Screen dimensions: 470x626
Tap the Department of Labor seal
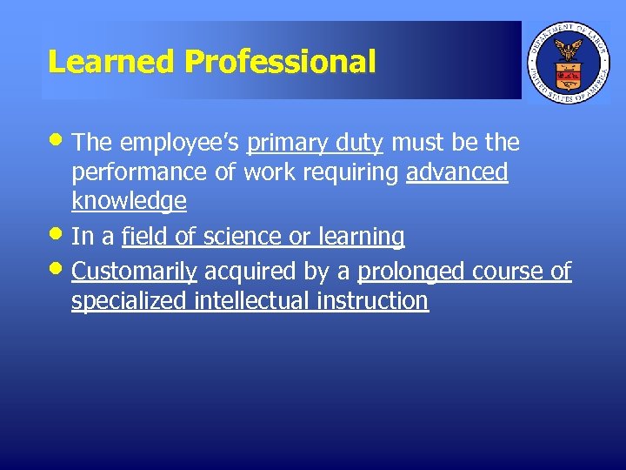[x=569, y=61]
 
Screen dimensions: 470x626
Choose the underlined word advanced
[x=457, y=172]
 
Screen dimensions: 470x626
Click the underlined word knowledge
[x=129, y=202]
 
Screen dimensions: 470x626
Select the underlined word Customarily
[x=134, y=272]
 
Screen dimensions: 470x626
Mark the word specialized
[x=130, y=301]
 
